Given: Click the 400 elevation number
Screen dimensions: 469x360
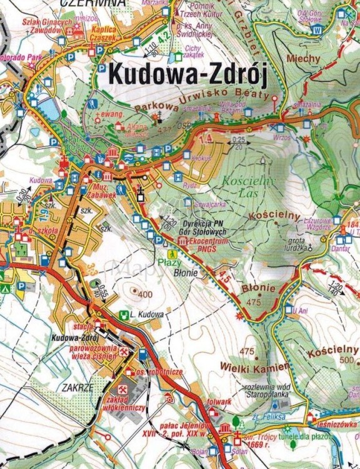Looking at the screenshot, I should [146, 294].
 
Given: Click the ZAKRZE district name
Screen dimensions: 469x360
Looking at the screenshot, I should [78, 387].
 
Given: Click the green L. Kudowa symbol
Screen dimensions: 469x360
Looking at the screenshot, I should [125, 314].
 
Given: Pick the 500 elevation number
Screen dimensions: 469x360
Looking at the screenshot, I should [347, 360].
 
